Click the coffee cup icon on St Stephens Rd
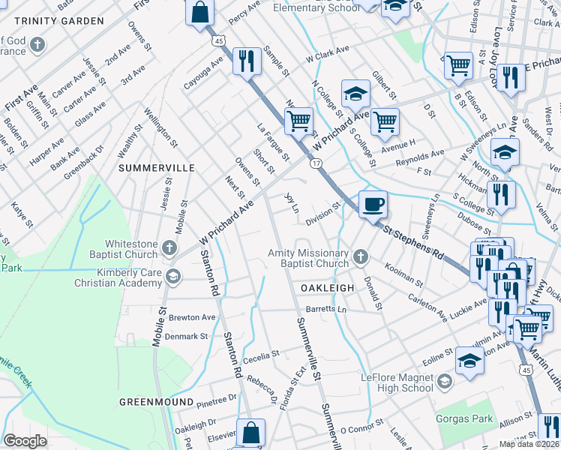click(373, 202)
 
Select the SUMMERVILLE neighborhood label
click(157, 168)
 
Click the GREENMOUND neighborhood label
click(156, 402)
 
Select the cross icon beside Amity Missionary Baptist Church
click(361, 257)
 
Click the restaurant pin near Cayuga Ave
click(247, 60)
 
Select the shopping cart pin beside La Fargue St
click(298, 120)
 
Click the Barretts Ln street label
click(329, 309)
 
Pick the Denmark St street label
click(187, 337)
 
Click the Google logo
click(25, 441)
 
